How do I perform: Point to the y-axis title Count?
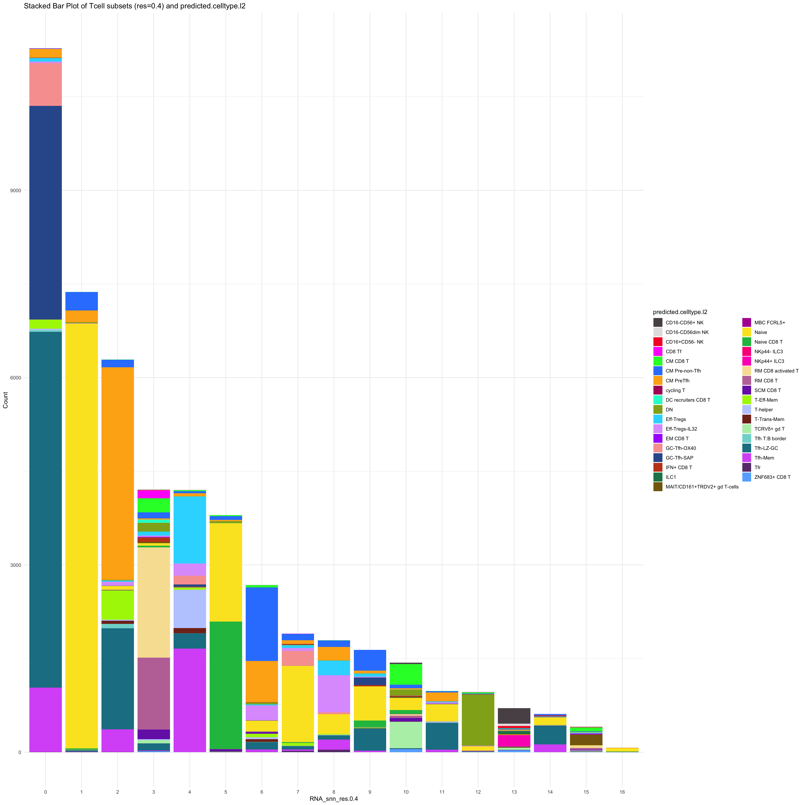click(x=5, y=400)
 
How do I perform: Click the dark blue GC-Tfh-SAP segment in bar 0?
click(x=45, y=213)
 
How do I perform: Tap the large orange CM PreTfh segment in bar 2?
click(x=117, y=473)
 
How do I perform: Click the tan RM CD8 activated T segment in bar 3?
click(x=154, y=602)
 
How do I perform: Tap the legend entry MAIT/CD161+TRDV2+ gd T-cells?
click(x=702, y=487)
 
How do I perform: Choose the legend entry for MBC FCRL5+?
click(x=770, y=322)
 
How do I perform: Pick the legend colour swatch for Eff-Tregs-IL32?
click(x=658, y=429)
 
